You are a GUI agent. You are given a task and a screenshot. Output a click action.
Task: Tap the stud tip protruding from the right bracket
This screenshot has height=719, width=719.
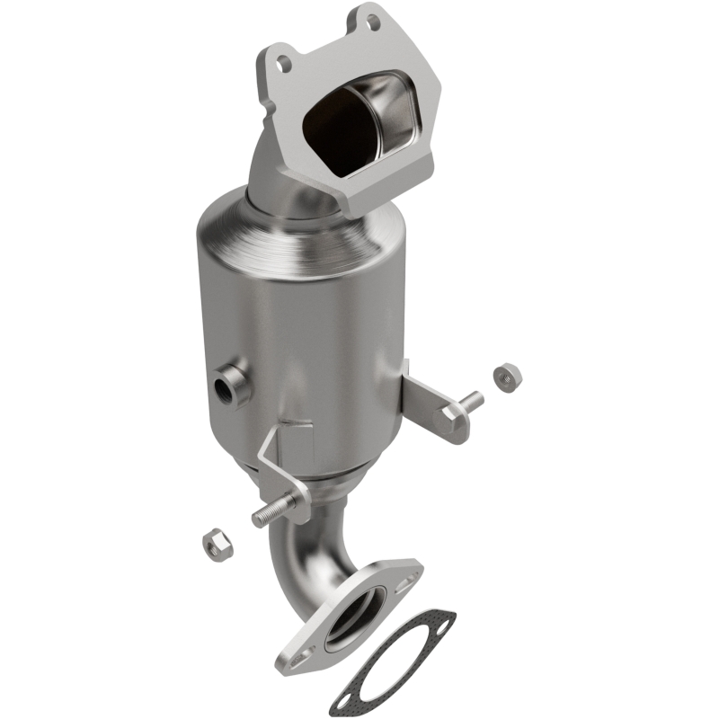[x=473, y=398]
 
